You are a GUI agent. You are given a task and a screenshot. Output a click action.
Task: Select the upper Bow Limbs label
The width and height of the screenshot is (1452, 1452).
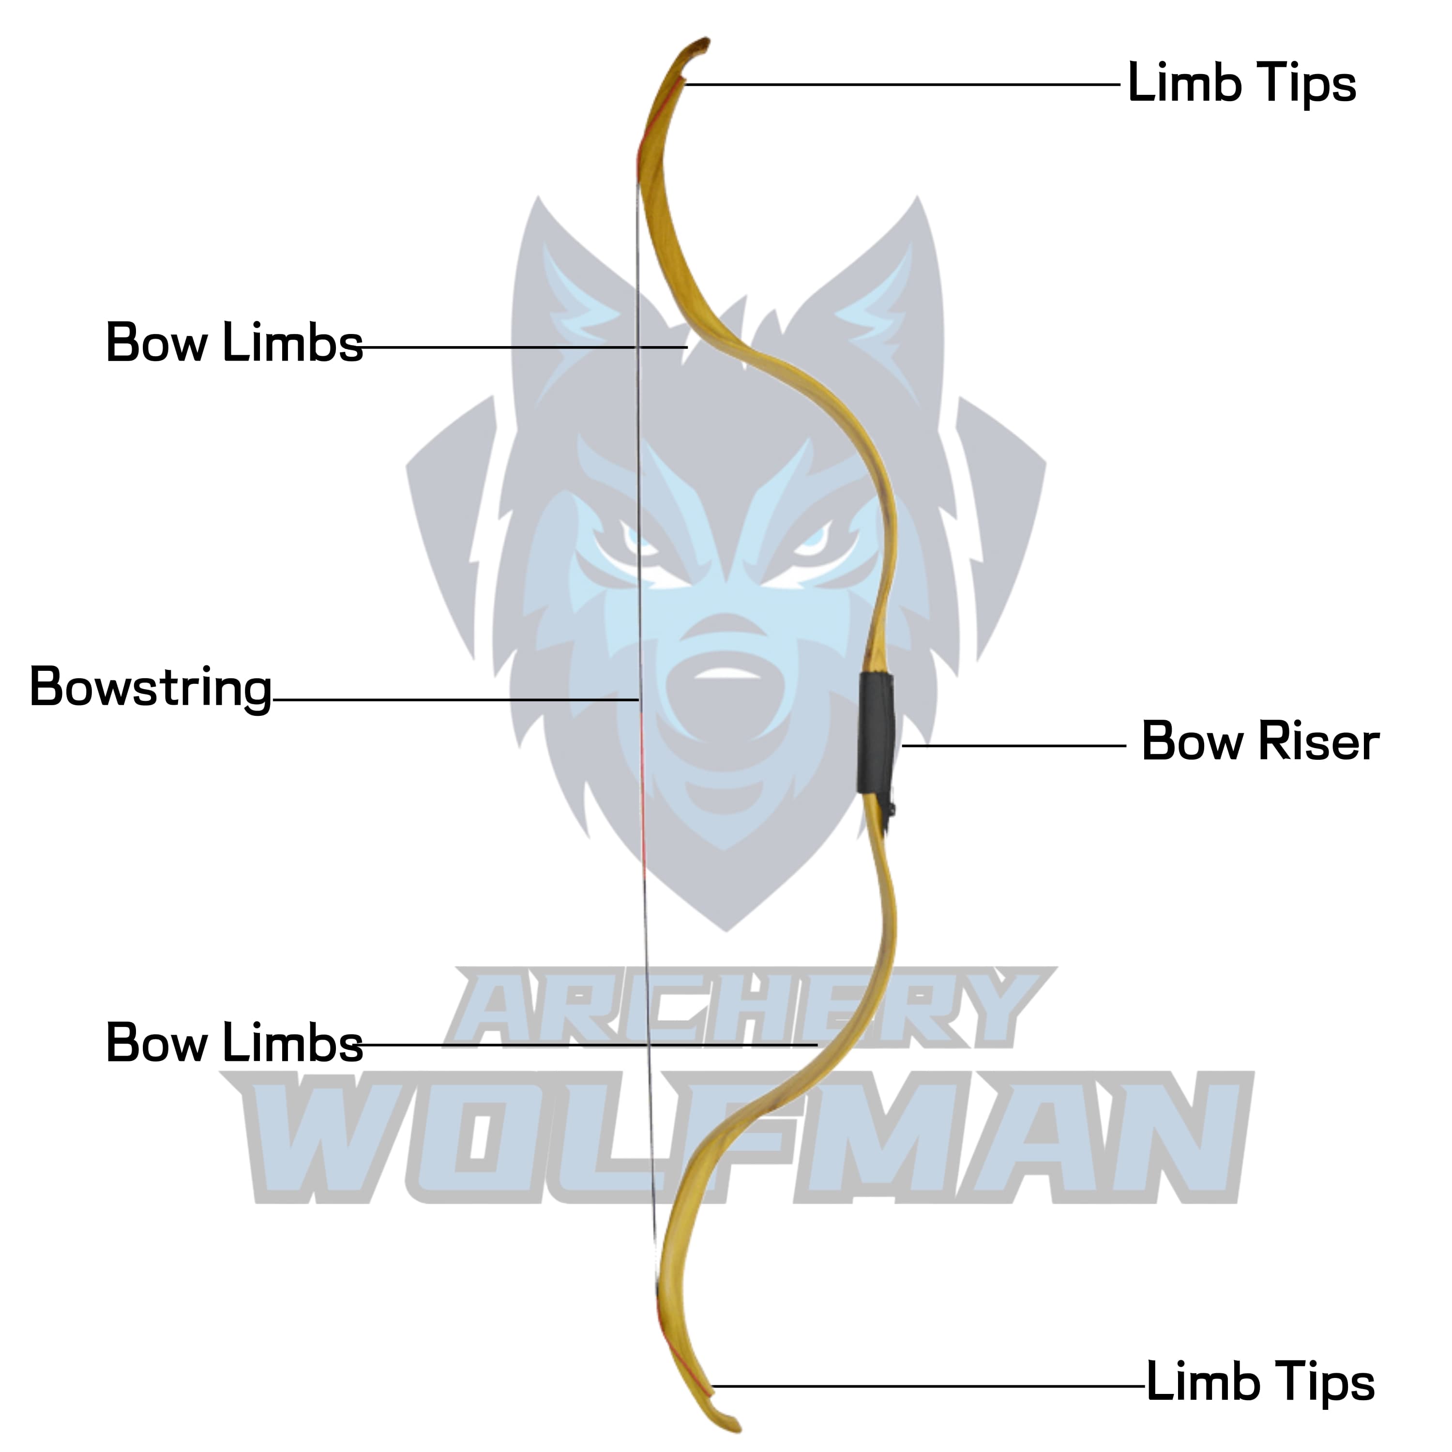point(234,344)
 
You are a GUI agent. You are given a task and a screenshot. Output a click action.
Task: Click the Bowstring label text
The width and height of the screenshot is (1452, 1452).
point(151,688)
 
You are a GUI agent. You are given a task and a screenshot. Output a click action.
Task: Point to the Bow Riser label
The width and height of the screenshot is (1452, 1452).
point(1260,742)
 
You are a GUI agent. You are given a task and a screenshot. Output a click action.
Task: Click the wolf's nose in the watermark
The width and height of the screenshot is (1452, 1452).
point(725,673)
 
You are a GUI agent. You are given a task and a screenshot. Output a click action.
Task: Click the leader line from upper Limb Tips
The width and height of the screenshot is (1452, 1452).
point(902,84)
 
